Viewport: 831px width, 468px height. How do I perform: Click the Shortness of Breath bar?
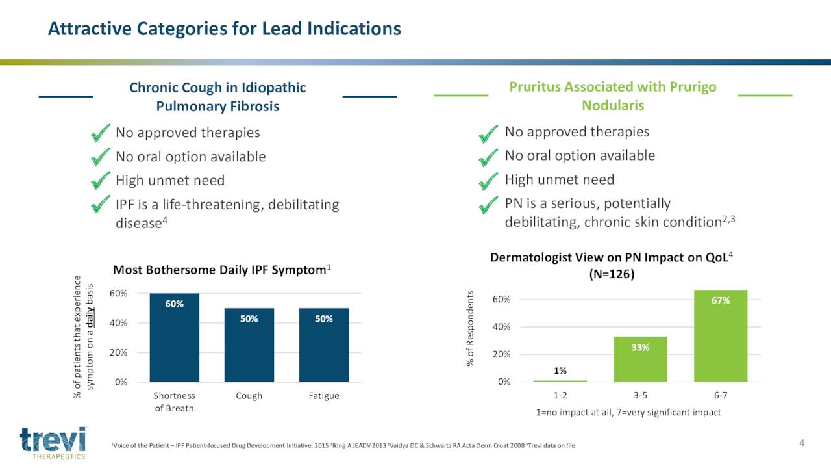175,337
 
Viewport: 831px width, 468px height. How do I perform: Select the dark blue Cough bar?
249,345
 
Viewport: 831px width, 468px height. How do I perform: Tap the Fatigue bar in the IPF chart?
324,345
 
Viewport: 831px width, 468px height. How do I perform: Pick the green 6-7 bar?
721,336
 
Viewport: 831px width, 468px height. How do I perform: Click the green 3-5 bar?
640,359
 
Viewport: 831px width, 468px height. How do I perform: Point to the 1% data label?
560,370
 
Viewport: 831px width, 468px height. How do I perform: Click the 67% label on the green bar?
721,300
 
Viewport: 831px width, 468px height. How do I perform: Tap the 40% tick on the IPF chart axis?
118,323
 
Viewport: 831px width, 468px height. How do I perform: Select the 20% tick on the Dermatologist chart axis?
502,354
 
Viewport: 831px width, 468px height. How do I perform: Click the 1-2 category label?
560,395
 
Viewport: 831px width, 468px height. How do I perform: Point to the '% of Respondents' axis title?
470,328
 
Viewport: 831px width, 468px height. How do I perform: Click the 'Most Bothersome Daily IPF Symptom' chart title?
222,270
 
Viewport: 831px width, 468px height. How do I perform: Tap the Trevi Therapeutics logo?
53,443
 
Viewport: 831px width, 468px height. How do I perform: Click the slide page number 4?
802,443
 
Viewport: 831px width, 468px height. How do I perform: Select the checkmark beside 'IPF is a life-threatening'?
100,204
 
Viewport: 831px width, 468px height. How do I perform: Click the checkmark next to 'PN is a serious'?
488,205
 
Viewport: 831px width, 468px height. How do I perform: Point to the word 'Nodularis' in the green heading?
613,105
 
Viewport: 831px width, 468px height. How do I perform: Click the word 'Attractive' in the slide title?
90,29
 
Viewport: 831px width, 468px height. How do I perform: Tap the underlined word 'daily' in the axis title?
90,317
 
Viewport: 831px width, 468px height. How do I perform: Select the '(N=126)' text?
612,274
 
